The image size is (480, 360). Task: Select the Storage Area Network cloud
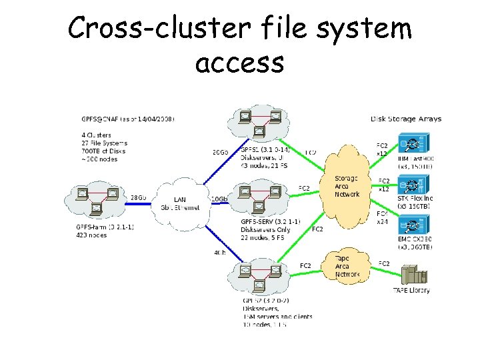(347, 186)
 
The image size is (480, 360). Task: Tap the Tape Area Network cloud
(347, 266)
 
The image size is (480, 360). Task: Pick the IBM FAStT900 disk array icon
(414, 143)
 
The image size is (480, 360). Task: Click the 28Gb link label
(138, 198)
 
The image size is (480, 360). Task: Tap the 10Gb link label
(219, 199)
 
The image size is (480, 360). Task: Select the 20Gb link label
(220, 153)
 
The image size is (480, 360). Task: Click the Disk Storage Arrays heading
(405, 119)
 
